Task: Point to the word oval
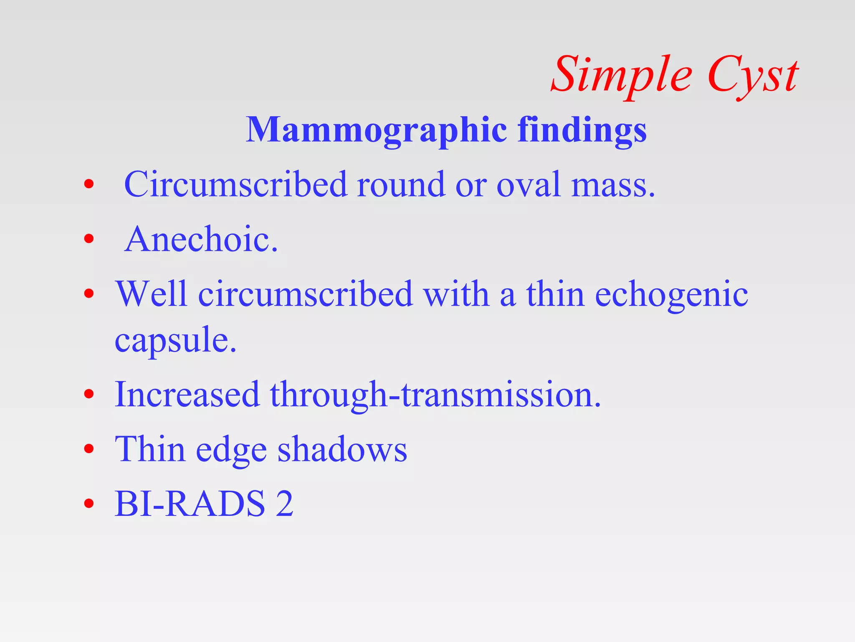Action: click(528, 185)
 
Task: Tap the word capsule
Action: click(175, 341)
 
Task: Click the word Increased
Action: click(187, 395)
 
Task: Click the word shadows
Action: click(342, 450)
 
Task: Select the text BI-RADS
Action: click(190, 504)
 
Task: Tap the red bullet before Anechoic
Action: click(89, 239)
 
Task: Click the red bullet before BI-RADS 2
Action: click(89, 503)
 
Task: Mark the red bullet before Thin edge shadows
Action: click(89, 449)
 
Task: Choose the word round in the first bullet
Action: click(401, 185)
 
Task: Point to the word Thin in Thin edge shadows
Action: click(150, 450)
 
